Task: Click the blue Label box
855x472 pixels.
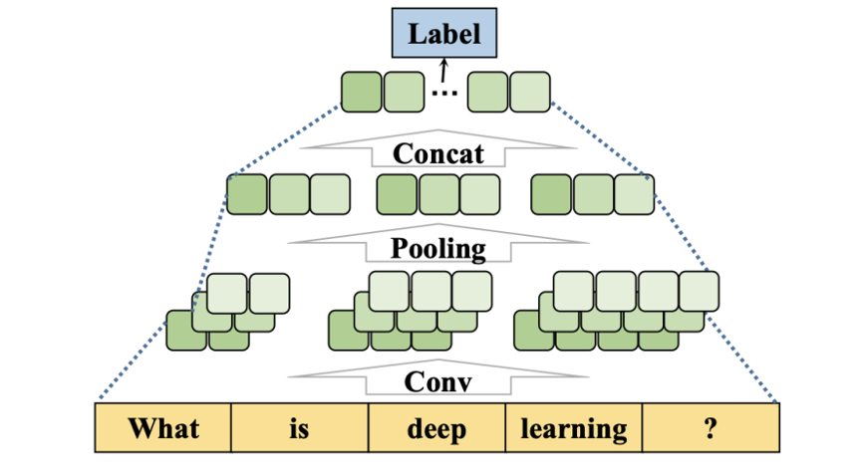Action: point(444,34)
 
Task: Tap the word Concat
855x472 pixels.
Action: point(438,154)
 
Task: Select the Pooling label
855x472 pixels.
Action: point(438,248)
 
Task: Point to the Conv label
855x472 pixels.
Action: point(438,381)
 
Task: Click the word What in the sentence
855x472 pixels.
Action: point(163,428)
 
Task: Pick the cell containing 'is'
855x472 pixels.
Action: point(300,428)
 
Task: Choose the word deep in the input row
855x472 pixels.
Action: point(436,428)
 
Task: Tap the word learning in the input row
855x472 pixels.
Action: point(574,428)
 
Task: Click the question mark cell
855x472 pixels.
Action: point(710,428)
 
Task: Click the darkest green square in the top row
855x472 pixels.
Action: point(361,92)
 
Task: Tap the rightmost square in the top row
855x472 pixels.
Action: point(530,92)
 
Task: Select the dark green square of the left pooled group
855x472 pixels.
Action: point(247,194)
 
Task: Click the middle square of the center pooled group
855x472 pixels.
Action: point(438,194)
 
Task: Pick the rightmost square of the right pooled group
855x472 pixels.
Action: point(634,194)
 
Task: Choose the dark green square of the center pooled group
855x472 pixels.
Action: point(397,194)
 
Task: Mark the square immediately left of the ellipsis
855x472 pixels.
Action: point(403,92)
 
